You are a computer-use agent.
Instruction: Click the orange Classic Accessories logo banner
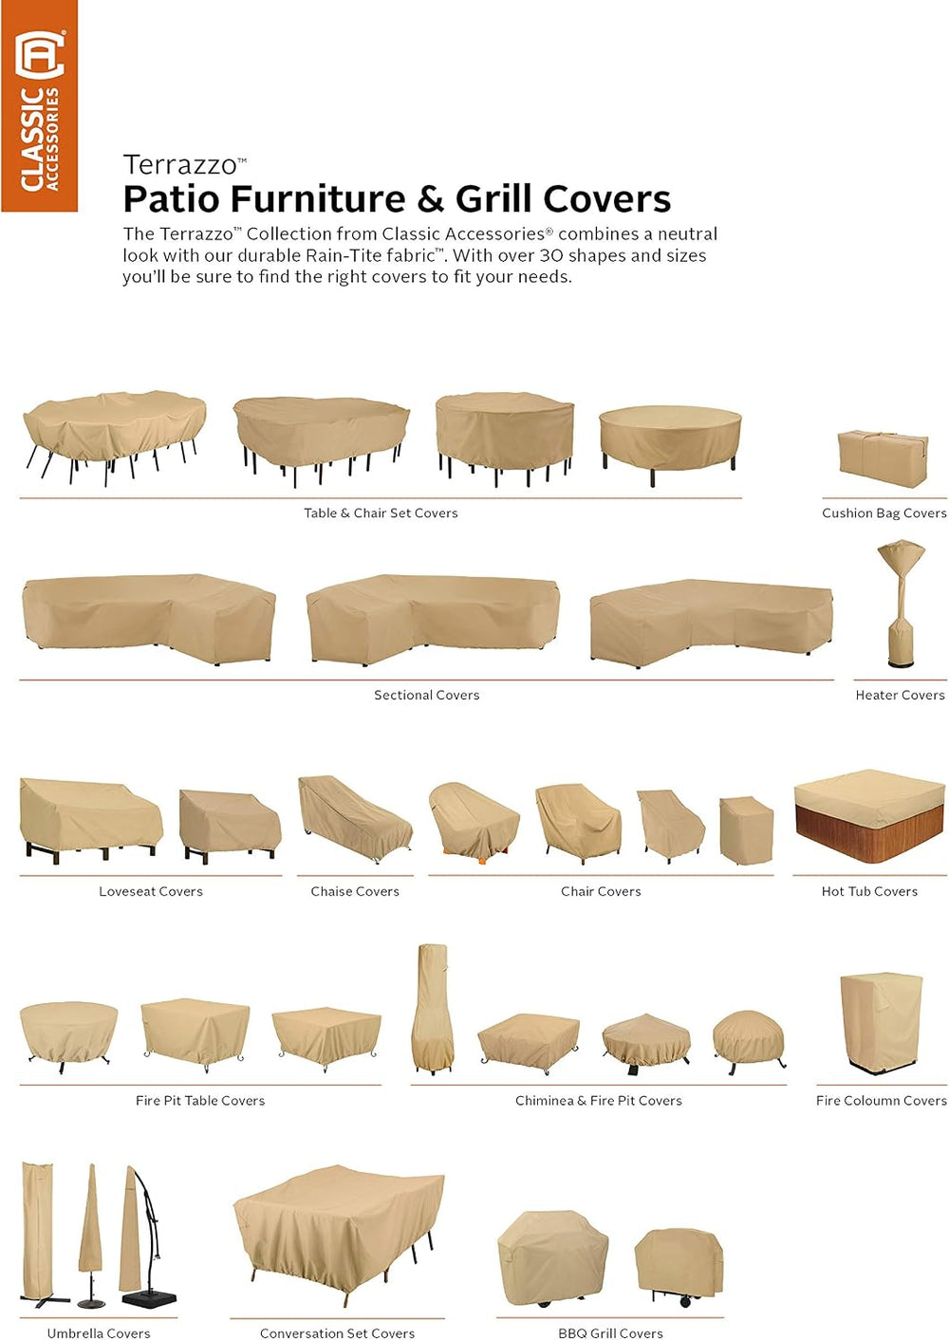point(40,106)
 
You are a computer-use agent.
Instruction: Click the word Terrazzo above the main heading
point(180,165)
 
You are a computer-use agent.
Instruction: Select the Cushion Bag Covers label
point(884,512)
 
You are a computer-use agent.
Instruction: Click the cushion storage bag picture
point(883,458)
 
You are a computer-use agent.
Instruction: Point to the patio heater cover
point(901,603)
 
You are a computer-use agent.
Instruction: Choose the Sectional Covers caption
point(427,695)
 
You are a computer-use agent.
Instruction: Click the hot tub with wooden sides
point(869,815)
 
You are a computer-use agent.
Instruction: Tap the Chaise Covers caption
point(355,891)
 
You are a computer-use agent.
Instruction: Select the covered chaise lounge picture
point(356,819)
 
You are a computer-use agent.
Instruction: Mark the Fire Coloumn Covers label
point(882,1100)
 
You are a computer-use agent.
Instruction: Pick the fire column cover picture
point(882,1024)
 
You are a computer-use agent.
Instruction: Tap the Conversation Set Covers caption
point(337,1332)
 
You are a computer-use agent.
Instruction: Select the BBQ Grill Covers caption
point(610,1332)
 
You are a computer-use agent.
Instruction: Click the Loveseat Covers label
point(151,891)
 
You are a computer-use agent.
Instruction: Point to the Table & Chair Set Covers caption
point(381,512)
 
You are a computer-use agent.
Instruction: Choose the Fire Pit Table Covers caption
point(200,1100)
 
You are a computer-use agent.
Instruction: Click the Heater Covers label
point(900,695)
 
